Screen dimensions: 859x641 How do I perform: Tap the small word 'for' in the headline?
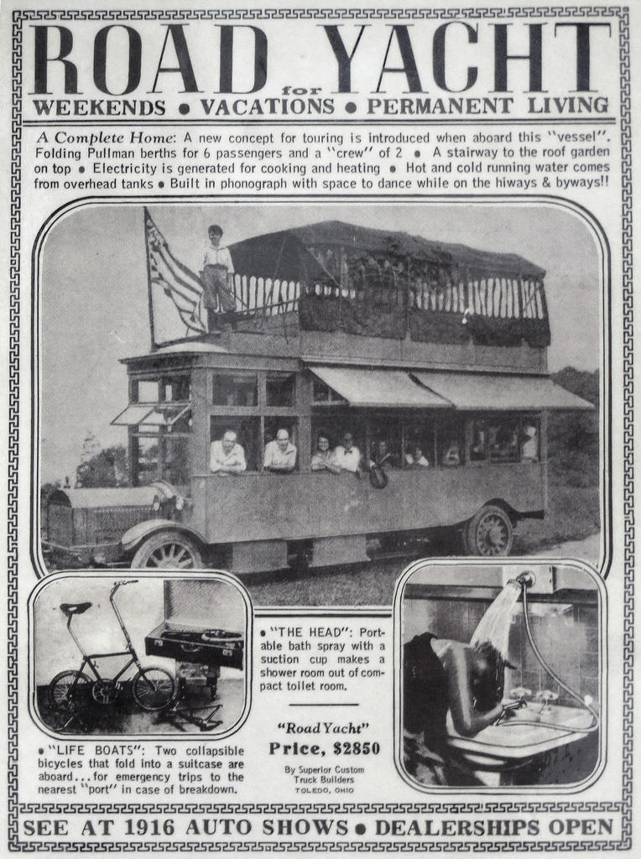coord(295,91)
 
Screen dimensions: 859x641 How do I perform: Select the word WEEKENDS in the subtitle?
coord(99,107)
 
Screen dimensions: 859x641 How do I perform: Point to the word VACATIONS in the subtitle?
coord(267,107)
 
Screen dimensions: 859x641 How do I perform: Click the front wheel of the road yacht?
coord(167,554)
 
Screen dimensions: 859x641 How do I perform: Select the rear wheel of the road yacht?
coord(489,530)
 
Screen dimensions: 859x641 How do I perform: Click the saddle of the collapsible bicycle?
coord(75,608)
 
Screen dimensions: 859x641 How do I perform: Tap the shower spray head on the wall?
coord(524,580)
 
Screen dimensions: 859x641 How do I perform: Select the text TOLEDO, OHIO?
coord(324,790)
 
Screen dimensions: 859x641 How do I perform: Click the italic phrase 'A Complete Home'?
coord(105,137)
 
